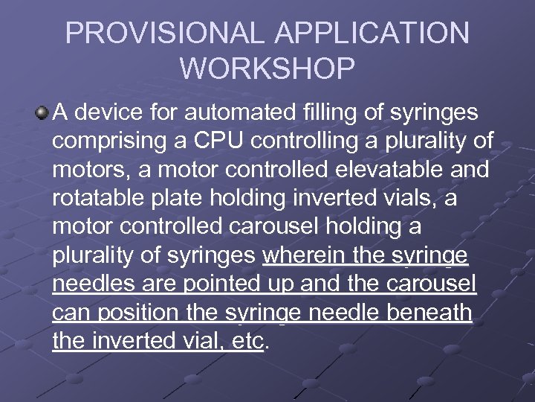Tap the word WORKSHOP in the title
tap(267, 68)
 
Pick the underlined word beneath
tap(429, 313)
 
